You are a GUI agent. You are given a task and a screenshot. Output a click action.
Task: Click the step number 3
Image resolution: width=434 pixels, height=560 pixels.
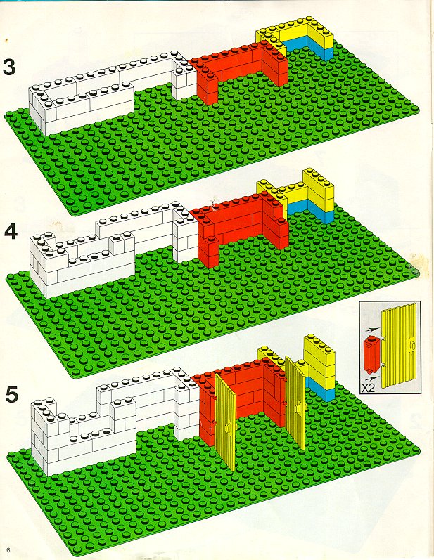[9, 67]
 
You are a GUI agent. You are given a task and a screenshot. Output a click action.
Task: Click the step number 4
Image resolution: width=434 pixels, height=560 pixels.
[11, 232]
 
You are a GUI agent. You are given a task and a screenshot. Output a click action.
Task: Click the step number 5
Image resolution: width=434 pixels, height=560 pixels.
[12, 395]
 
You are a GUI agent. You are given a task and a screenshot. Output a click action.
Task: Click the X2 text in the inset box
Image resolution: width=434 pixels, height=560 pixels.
[368, 388]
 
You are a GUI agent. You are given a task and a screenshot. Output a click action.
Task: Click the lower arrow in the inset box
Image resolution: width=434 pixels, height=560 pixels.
[372, 377]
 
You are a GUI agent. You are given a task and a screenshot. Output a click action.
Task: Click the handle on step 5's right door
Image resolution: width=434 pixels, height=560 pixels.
[298, 407]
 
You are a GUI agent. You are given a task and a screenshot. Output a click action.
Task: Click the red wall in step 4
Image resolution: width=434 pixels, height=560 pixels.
[240, 228]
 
